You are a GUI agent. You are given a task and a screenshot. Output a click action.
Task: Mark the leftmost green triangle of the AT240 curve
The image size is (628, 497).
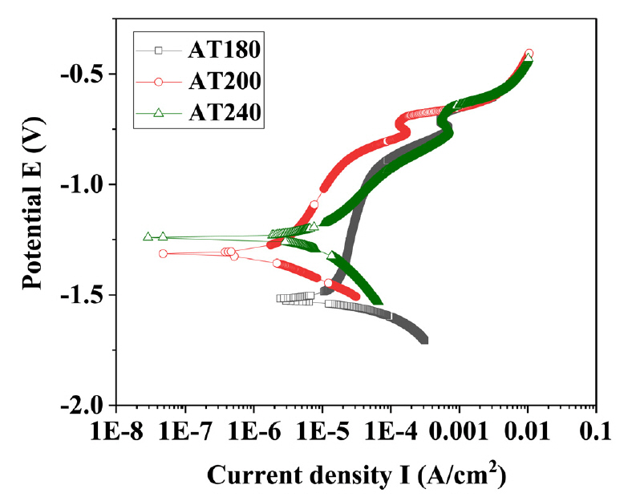click(x=148, y=236)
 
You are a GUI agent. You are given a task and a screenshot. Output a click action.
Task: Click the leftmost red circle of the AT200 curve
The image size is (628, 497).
click(x=163, y=253)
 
